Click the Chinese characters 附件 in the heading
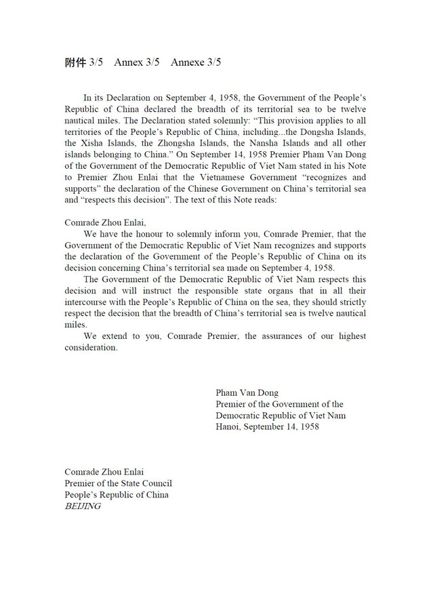point(75,62)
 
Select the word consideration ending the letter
point(91,348)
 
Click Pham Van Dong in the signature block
point(247,392)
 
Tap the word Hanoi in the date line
point(228,427)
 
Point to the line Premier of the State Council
point(118,483)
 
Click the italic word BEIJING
point(83,506)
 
